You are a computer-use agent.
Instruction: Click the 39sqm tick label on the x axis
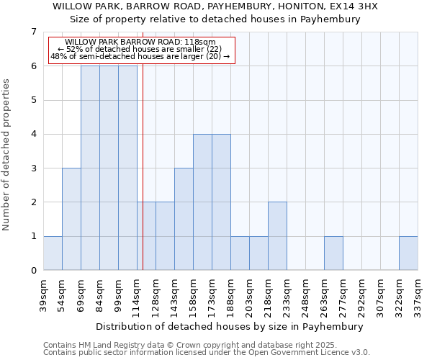[43, 293]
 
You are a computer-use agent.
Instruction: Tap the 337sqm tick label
[418, 293]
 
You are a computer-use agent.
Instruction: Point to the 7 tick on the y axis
[33, 32]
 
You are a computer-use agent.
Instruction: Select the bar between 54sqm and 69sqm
[71, 219]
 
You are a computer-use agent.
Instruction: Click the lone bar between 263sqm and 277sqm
[333, 253]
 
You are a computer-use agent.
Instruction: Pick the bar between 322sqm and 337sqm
[408, 253]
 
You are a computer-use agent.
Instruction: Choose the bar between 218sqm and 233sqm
[277, 236]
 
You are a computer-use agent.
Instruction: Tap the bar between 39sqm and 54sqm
[53, 253]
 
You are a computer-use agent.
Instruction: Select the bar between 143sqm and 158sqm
[184, 219]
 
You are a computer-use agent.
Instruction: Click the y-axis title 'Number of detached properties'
[6, 155]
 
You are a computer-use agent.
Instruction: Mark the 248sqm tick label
[305, 293]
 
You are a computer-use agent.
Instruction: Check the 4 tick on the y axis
[33, 134]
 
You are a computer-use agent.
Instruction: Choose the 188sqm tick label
[230, 293]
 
